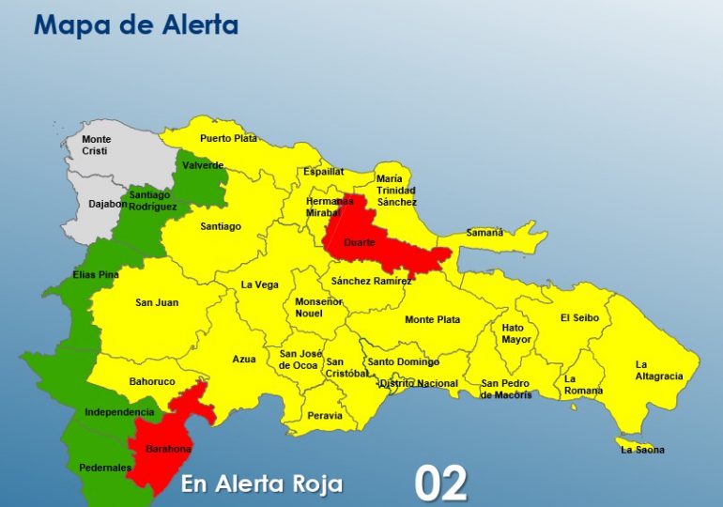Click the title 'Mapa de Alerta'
136,25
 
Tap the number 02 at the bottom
440,483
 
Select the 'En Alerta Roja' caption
262,484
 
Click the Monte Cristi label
95,145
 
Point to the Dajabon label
94,203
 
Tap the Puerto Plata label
228,138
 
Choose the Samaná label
485,232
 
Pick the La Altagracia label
659,370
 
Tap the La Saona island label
642,450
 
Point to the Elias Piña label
96,275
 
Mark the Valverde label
204,165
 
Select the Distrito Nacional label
419,383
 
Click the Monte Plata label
432,319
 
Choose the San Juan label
157,302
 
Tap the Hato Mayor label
515,333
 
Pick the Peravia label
325,415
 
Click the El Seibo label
579,317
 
